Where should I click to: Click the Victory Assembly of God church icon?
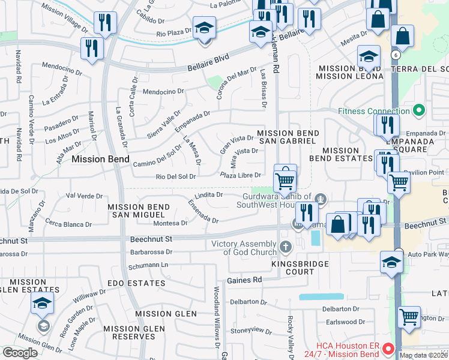coord(285,245)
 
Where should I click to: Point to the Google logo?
coord(20,353)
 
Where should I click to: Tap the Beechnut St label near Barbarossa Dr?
coord(151,239)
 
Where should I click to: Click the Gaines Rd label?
coord(244,280)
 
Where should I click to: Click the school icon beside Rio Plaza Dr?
coord(205,28)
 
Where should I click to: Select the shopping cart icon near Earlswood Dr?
coord(409,316)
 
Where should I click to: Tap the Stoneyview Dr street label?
coord(252,330)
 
